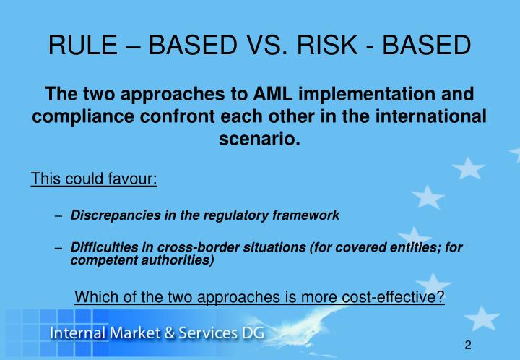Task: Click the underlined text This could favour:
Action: click(94, 178)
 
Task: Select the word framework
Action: click(306, 215)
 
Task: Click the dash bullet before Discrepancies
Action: click(58, 215)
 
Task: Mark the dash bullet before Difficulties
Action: click(58, 247)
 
